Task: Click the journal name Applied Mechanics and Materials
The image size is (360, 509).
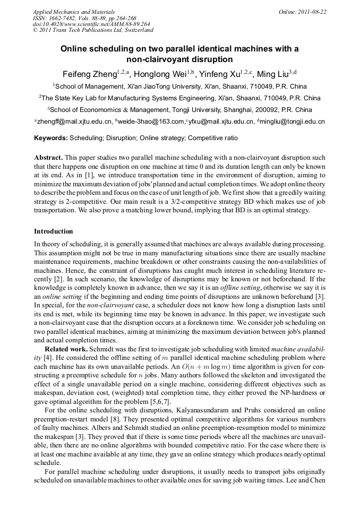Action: [x=74, y=12]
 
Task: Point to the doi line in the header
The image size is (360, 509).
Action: [x=91, y=24]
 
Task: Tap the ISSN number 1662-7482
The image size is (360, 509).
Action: [x=62, y=18]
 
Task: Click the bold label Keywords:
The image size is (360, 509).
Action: [x=51, y=138]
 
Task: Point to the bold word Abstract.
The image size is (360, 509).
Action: [x=48, y=158]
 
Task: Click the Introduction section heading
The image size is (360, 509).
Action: [x=54, y=231]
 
